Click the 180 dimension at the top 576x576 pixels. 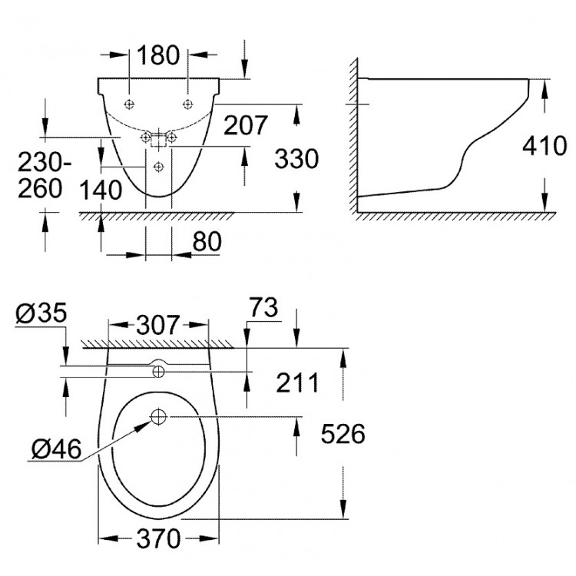point(158,55)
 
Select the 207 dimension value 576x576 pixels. point(245,124)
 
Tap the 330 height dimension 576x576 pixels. point(296,159)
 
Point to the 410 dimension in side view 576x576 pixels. point(545,145)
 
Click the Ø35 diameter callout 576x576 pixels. point(41,313)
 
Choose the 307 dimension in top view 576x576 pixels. point(159,325)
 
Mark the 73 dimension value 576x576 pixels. point(262,309)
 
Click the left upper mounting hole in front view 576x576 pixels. point(131,103)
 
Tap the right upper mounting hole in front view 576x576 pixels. point(187,103)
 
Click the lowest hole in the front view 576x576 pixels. point(158,167)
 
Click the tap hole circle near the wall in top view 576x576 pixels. point(158,372)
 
